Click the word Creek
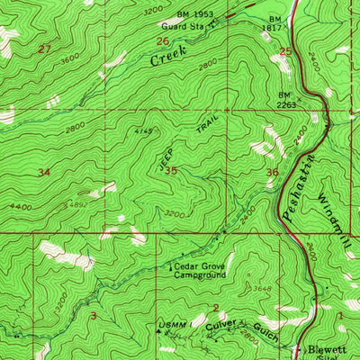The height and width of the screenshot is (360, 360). tap(169, 59)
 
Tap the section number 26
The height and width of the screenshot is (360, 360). tap(162, 41)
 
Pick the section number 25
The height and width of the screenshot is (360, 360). tap(285, 51)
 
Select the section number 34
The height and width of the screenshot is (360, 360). tap(42, 170)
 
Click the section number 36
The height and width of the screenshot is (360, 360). tap(272, 173)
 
